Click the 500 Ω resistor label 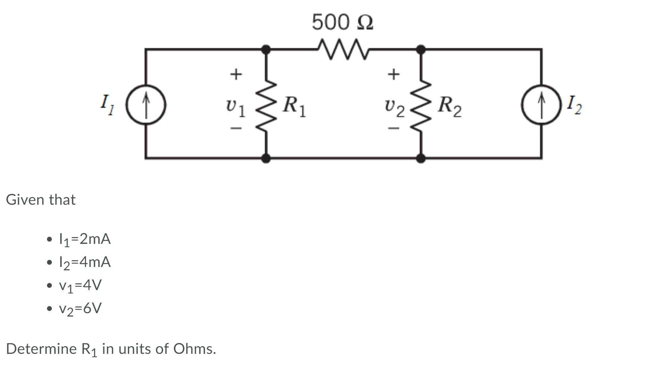click(x=342, y=22)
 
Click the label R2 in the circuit click(x=449, y=106)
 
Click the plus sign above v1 click(x=235, y=74)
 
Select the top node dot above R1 click(x=266, y=49)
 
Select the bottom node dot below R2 click(x=421, y=158)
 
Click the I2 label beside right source click(x=574, y=105)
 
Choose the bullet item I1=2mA click(x=85, y=239)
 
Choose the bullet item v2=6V click(x=80, y=309)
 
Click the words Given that click(x=41, y=200)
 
